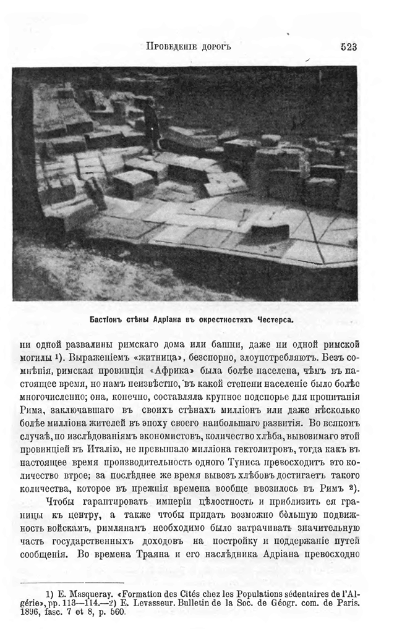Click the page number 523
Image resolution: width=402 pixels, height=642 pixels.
pyautogui.click(x=348, y=46)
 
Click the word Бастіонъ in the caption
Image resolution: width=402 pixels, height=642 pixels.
pyautogui.click(x=109, y=320)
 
